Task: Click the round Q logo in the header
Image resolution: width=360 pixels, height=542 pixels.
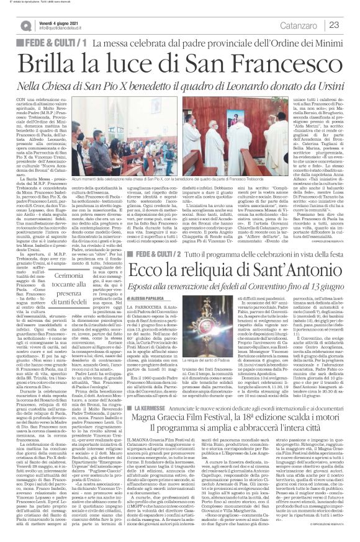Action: pyautogui.click(x=25, y=24)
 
